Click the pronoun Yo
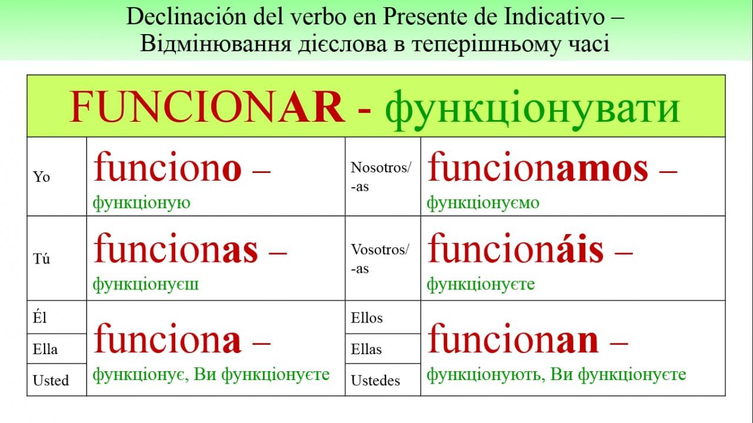41,177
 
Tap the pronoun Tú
41,259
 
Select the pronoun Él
39,318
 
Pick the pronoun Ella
45,349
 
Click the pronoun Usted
51,380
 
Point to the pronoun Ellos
366,318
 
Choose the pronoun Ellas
366,349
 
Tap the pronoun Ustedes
375,380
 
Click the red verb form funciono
168,166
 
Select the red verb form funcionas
176,248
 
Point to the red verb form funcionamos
538,166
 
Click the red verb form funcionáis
516,248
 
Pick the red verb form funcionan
513,337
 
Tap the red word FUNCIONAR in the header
208,107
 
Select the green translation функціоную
142,203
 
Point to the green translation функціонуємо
483,203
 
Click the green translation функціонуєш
145,285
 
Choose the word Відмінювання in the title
215,44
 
